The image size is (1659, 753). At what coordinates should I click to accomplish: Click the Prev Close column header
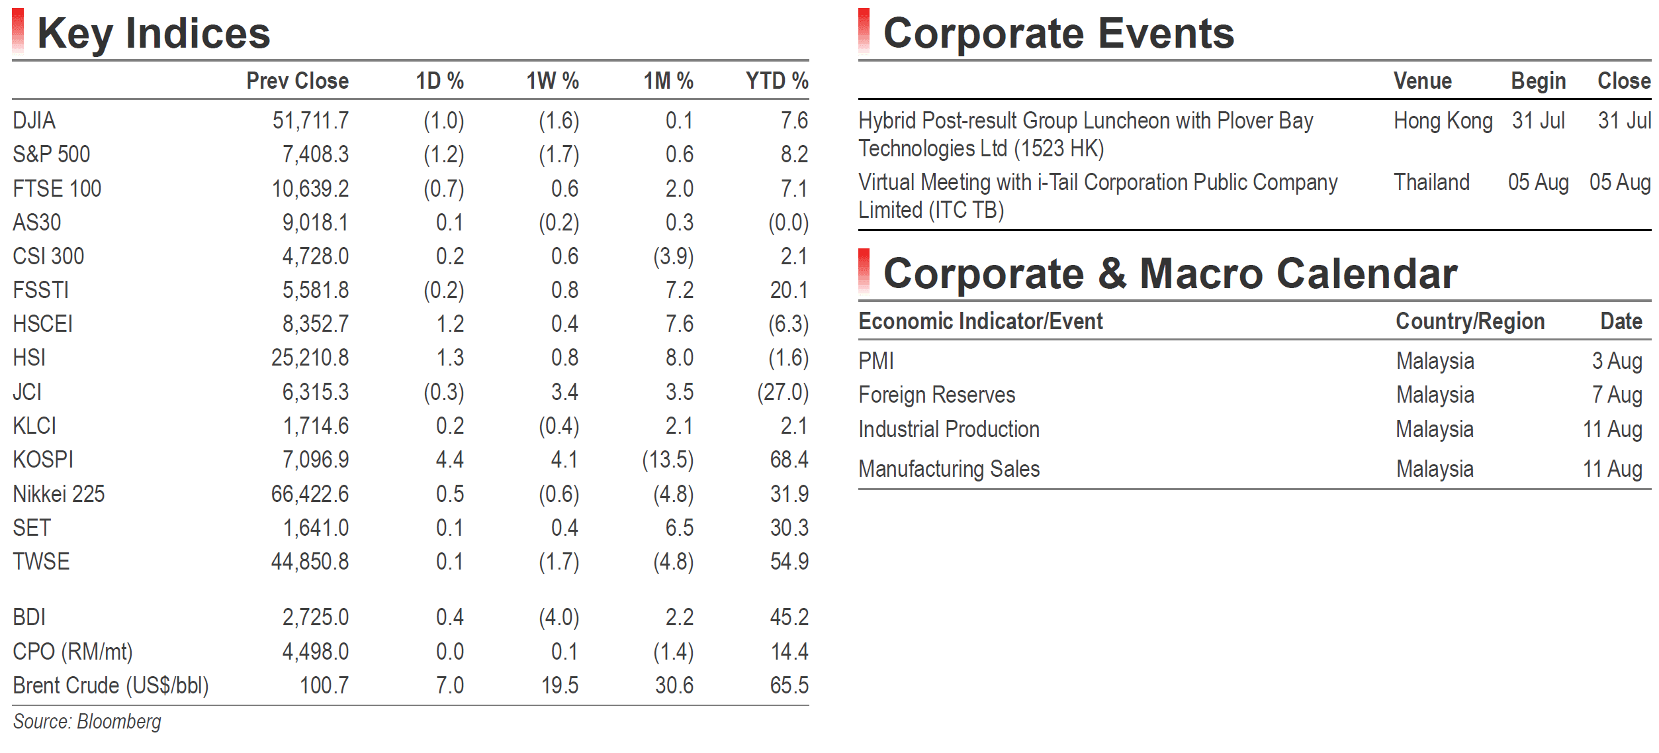pos(297,81)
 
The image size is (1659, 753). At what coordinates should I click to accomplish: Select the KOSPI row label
pos(43,460)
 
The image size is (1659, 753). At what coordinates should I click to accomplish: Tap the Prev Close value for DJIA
pos(310,121)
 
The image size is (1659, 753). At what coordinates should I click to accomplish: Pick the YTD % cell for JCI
pos(783,392)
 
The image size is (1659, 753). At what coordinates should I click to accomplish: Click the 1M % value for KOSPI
pos(668,460)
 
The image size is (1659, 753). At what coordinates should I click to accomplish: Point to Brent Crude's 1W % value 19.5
pos(560,685)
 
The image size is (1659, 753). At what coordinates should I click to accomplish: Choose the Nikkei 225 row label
pos(59,494)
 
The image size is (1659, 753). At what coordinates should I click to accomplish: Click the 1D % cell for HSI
pos(450,358)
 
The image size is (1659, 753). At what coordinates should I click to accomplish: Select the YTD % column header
pos(777,81)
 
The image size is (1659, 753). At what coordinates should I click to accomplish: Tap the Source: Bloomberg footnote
pos(87,722)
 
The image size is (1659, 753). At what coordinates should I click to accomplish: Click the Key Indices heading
pos(154,33)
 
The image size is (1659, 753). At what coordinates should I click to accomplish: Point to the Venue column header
pos(1423,81)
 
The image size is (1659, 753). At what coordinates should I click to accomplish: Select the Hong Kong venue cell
pos(1443,121)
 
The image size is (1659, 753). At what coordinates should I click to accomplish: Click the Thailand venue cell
pos(1432,182)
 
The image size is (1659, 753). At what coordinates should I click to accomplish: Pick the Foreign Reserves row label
pos(937,395)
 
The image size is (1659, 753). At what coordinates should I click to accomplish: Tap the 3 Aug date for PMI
pos(1617,361)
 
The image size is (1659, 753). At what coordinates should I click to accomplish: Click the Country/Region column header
pos(1470,321)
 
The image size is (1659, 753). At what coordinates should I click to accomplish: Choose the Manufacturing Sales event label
pos(950,470)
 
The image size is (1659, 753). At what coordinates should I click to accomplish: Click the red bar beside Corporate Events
pos(864,30)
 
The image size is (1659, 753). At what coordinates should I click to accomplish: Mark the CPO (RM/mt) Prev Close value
pos(316,652)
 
